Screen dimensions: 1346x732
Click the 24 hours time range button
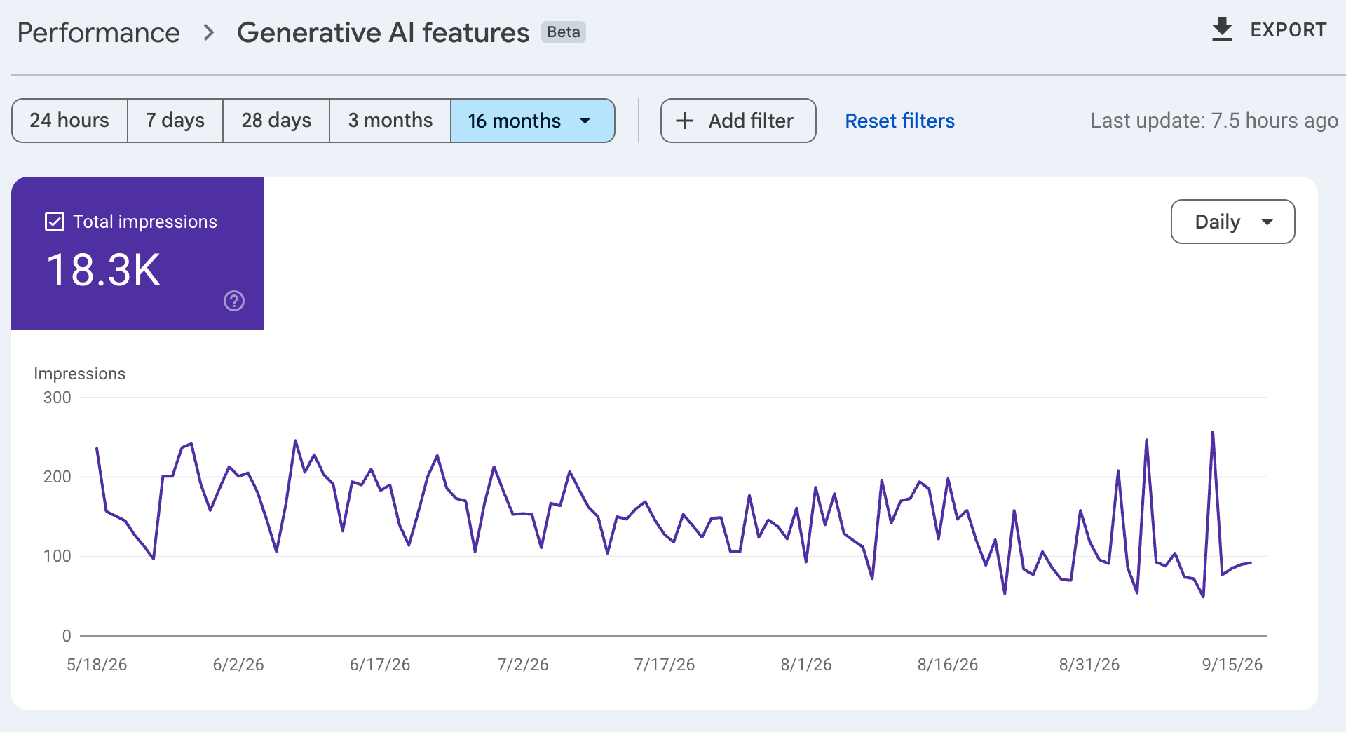(69, 121)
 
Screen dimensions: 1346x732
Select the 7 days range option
(175, 121)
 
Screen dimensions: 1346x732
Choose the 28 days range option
(276, 121)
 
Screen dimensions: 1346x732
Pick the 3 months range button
(390, 121)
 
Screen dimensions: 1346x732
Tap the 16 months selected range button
(533, 121)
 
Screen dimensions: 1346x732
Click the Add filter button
(738, 121)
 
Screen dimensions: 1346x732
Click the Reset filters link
(899, 121)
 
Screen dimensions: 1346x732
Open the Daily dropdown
(1232, 222)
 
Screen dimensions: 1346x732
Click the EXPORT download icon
(1222, 29)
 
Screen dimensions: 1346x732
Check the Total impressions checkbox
(55, 222)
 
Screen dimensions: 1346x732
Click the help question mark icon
(234, 301)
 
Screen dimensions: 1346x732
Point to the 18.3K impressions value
(104, 270)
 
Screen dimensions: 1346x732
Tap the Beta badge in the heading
(563, 32)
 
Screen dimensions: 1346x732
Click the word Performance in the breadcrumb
(98, 33)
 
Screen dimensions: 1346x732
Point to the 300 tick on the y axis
(57, 398)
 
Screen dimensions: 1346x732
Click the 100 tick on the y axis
(57, 556)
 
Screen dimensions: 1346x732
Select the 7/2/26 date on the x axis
(523, 665)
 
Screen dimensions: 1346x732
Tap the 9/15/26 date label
(1232, 665)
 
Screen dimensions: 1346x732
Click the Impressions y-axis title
(79, 374)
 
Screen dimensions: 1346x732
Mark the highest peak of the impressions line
(1213, 432)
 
